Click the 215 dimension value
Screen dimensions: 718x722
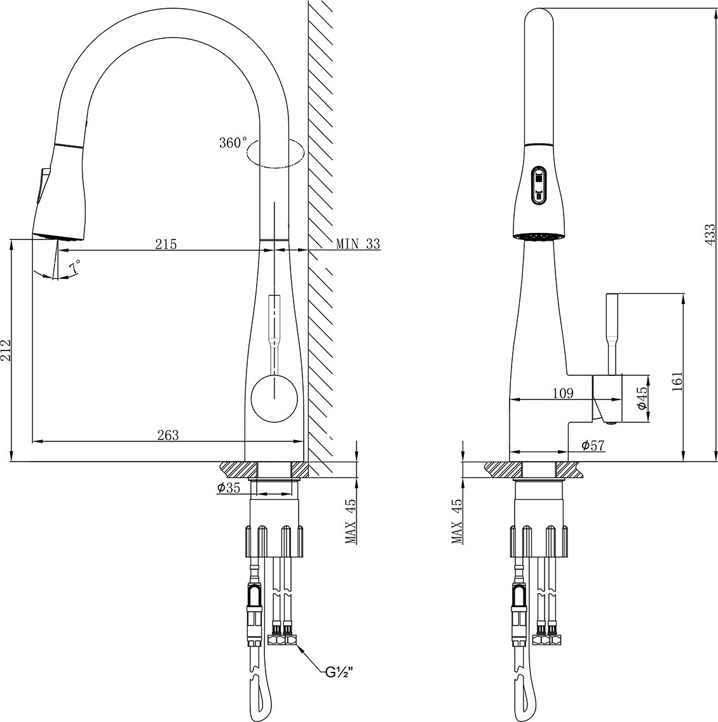click(x=166, y=244)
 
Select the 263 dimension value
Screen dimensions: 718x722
click(x=168, y=435)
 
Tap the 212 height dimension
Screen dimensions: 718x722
click(x=6, y=351)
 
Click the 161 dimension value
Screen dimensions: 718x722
click(x=677, y=380)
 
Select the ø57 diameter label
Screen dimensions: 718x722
click(x=592, y=445)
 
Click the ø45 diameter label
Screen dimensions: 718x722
click(x=642, y=398)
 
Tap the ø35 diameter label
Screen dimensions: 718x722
click(x=229, y=488)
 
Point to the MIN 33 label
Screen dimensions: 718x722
click(x=358, y=244)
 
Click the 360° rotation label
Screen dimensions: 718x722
click(x=233, y=143)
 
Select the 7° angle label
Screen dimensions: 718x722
click(x=74, y=266)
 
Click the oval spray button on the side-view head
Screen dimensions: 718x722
click(x=538, y=185)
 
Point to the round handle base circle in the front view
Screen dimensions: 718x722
click(x=274, y=398)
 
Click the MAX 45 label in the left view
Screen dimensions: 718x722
click(x=351, y=522)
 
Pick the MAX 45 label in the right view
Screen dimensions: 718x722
click(x=457, y=522)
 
